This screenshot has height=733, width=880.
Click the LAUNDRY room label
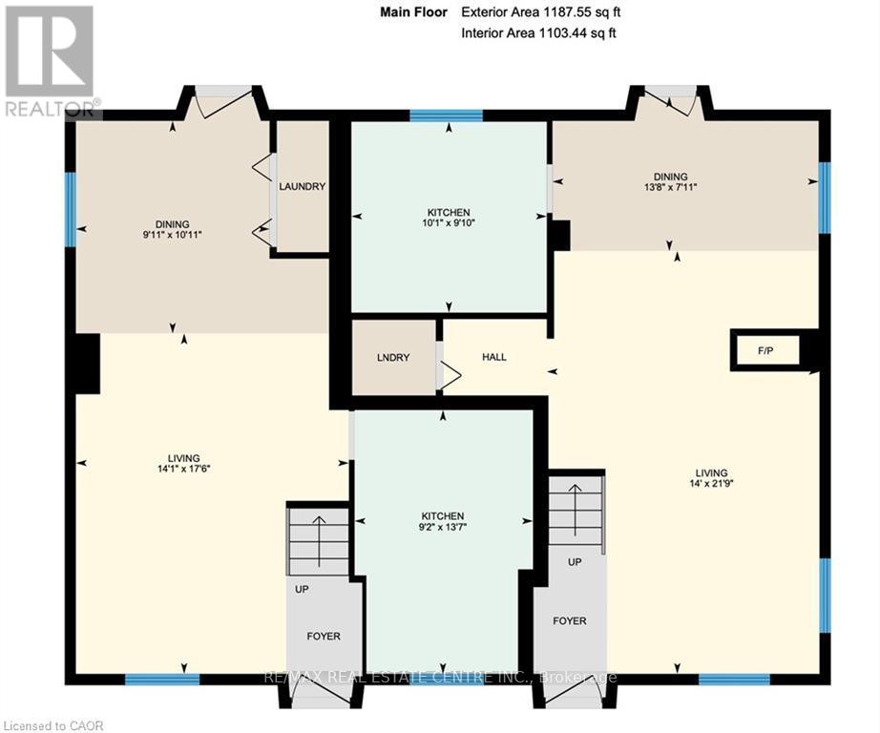(302, 186)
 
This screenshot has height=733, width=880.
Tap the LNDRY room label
(393, 358)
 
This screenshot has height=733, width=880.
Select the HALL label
(493, 357)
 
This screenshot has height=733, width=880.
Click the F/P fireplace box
(765, 351)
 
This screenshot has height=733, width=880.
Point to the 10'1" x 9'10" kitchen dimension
(449, 222)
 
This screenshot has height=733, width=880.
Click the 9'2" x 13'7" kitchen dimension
(443, 527)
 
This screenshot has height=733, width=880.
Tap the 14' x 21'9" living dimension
(711, 483)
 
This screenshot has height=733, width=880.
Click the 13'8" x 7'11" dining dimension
(670, 187)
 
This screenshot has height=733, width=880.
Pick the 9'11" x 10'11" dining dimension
(173, 235)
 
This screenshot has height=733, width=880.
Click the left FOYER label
(324, 636)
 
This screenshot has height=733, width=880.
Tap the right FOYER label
(569, 620)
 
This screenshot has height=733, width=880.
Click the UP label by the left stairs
(302, 589)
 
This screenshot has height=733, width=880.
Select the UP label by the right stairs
(575, 562)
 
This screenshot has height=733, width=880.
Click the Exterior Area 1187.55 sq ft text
(540, 11)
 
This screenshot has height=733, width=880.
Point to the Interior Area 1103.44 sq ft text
(538, 32)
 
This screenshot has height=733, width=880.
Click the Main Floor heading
(413, 11)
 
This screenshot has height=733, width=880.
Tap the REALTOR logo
(50, 61)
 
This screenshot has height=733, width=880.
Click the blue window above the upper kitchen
(446, 115)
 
